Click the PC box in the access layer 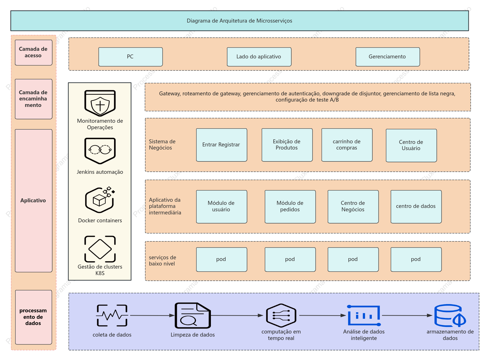[130, 57]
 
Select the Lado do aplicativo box [259, 57]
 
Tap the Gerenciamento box [388, 57]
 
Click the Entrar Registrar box [222, 145]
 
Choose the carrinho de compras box [347, 145]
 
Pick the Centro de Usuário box [411, 145]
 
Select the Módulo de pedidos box [290, 207]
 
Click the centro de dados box [416, 207]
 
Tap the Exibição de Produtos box [287, 145]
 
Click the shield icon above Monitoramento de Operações [100, 103]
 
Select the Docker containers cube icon [100, 200]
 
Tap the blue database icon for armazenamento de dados [450, 315]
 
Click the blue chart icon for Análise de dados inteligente [364, 315]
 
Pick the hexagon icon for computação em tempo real [281, 315]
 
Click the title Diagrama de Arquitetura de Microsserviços [239, 21]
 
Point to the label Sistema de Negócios [162, 145]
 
